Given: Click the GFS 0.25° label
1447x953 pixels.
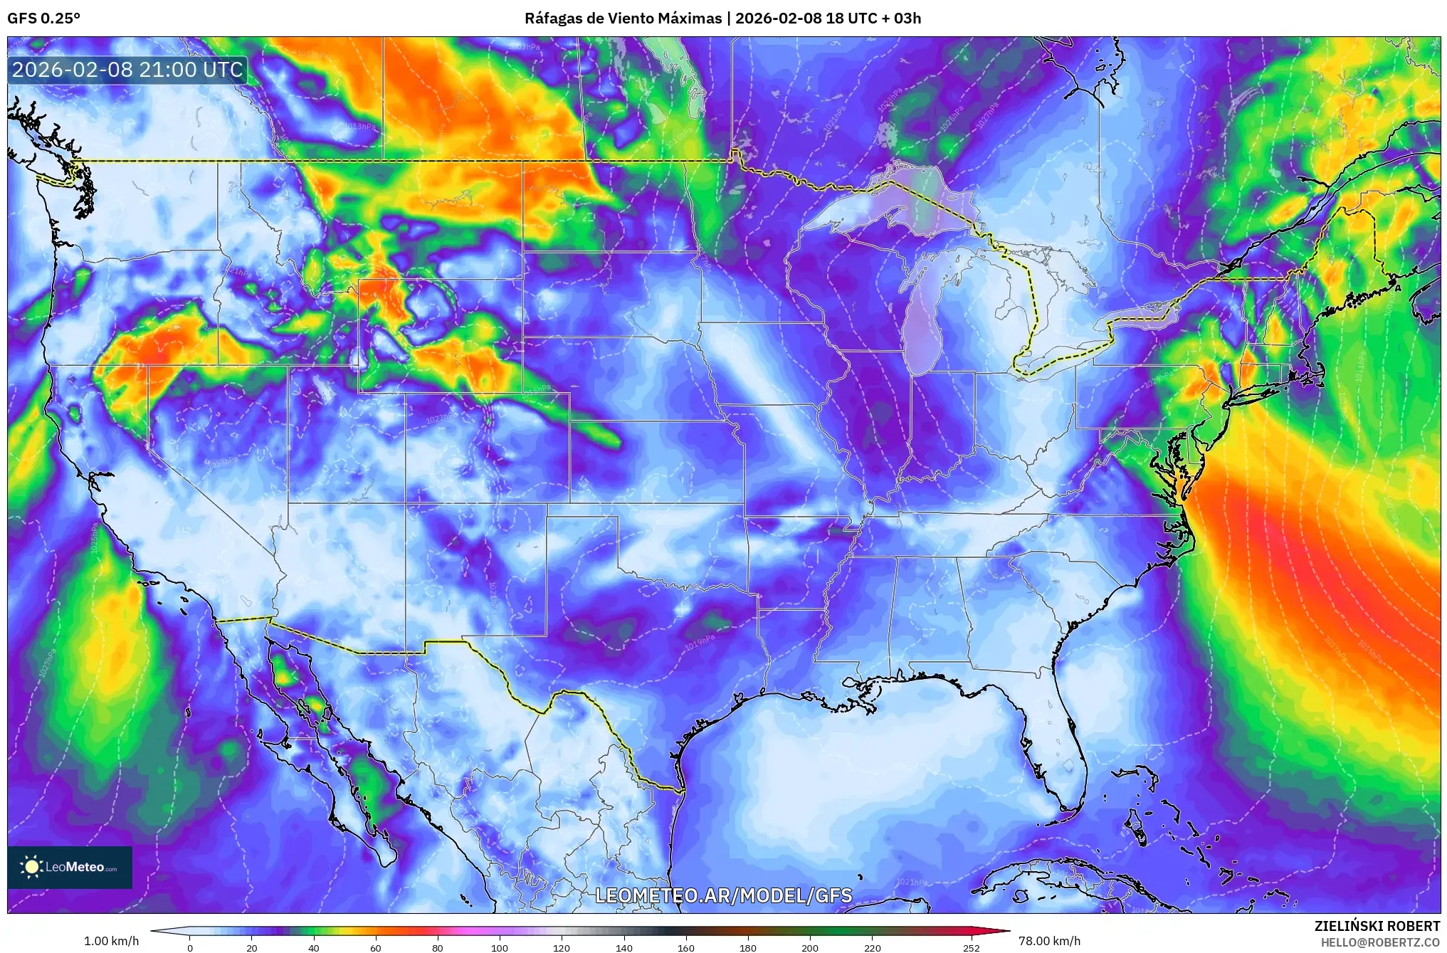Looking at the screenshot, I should (x=43, y=19).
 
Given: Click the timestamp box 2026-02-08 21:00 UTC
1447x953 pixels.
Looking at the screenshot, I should (x=127, y=70).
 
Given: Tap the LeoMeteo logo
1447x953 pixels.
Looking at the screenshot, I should (x=70, y=867).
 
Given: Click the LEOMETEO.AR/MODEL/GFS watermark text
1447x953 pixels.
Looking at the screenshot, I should (x=723, y=895).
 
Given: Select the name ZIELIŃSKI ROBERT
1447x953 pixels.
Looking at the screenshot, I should (x=1377, y=926).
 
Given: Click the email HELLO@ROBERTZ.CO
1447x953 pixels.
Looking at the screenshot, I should (x=1380, y=942).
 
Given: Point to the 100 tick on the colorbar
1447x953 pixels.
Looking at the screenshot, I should (x=500, y=947).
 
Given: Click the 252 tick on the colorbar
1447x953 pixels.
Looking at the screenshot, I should (x=971, y=947).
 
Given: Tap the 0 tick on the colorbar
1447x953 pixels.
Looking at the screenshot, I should (x=189, y=947).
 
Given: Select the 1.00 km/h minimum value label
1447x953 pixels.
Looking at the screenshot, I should (x=111, y=941).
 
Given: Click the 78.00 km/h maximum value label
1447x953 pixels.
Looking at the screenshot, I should (x=1049, y=941).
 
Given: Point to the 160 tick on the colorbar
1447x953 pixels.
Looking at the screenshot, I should (x=686, y=947).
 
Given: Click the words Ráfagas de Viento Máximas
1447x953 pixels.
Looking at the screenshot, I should (x=623, y=19).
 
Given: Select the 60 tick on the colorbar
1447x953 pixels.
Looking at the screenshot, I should (x=376, y=947).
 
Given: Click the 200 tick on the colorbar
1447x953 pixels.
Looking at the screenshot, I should (x=810, y=947).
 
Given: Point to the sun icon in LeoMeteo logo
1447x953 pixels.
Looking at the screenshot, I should (x=31, y=866).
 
